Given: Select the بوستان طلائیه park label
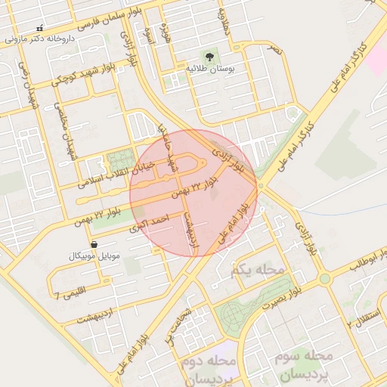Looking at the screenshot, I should pyautogui.click(x=210, y=68).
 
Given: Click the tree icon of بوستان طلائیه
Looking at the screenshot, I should pyautogui.click(x=210, y=56).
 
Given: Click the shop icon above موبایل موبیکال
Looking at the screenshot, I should pyautogui.click(x=94, y=245).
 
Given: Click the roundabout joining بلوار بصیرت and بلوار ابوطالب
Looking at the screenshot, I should pyautogui.click(x=324, y=278).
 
